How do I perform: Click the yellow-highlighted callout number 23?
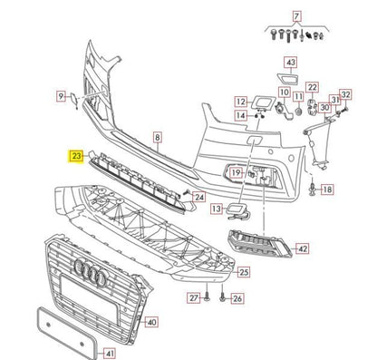pos(75,156)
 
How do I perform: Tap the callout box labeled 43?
pos(290,63)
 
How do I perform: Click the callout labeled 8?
pos(157,137)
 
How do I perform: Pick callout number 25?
pos(243,271)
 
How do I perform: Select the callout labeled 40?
pos(151,321)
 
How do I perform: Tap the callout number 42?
pos(302,248)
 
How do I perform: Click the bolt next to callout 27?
pos(207,297)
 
